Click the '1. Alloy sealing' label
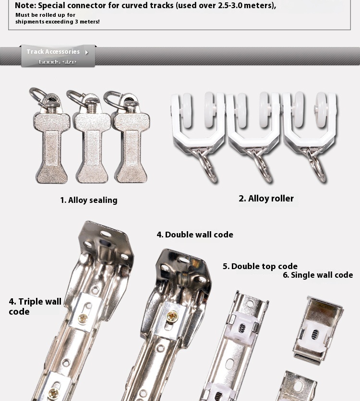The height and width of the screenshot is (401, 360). tap(89, 200)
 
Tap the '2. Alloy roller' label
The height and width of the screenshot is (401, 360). tap(266, 199)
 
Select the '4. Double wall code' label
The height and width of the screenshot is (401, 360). tap(195, 235)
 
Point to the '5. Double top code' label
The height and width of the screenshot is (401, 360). tap(260, 266)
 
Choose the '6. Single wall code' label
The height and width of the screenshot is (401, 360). tap(318, 275)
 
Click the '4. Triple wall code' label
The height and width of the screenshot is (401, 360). tap(35, 307)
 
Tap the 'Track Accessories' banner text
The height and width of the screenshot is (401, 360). tap(53, 52)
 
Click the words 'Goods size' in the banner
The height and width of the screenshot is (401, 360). tap(58, 62)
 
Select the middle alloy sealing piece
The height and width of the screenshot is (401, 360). tap(92, 144)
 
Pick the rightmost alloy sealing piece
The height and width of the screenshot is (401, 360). tap(131, 144)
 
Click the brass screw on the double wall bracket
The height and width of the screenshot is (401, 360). tap(172, 316)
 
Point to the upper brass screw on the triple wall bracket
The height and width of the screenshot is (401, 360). tap(83, 317)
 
